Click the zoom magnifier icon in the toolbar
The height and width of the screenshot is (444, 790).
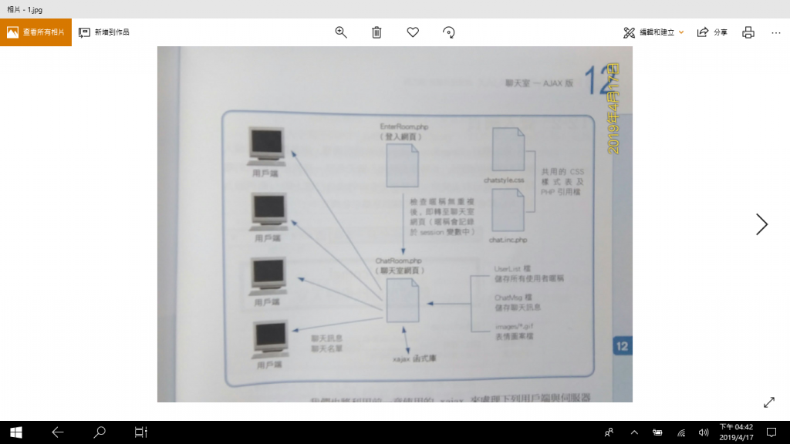click(x=341, y=32)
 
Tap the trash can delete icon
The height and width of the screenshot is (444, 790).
click(x=376, y=32)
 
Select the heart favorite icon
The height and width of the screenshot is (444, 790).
click(x=413, y=32)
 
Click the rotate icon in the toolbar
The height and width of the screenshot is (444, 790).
click(x=449, y=32)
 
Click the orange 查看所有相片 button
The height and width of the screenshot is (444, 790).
click(x=35, y=32)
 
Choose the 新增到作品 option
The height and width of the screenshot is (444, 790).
click(x=104, y=32)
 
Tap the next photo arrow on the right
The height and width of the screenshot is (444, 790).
click(x=761, y=224)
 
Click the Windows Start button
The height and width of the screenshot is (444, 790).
click(x=16, y=432)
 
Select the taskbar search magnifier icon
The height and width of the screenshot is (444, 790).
click(x=99, y=432)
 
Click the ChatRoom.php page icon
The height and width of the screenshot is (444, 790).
click(x=402, y=301)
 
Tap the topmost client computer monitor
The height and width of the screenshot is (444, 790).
click(x=267, y=146)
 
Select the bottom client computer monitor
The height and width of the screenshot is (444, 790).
click(x=272, y=339)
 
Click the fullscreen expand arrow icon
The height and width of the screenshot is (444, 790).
click(x=769, y=402)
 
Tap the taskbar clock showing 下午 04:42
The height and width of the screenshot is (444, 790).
click(x=736, y=432)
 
